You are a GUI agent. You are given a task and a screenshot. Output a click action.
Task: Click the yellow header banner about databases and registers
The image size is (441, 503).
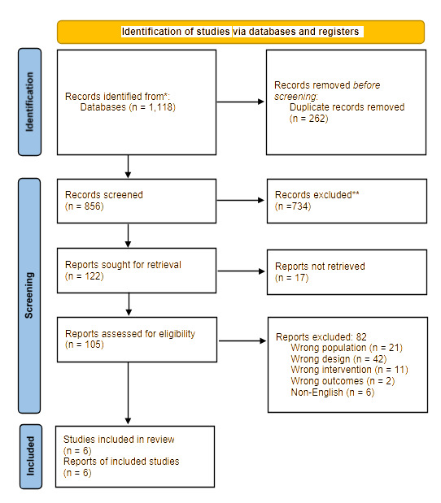click(x=241, y=32)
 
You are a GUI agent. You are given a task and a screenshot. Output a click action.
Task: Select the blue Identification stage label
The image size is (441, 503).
click(x=31, y=102)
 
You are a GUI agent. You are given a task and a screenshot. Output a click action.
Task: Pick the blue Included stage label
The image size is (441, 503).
click(x=31, y=455)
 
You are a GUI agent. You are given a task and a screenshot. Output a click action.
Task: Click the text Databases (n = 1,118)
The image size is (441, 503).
click(x=127, y=106)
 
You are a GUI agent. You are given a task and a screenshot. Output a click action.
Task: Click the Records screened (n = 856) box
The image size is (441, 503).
click(x=137, y=201)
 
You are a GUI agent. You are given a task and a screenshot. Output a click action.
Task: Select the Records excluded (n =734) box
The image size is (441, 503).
click(x=346, y=201)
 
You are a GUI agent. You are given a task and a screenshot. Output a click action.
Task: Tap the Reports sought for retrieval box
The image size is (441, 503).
click(x=137, y=271)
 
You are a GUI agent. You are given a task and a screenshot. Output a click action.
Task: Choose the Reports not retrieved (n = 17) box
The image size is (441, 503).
click(x=346, y=271)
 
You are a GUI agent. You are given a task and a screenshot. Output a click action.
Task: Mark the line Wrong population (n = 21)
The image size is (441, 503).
click(x=346, y=347)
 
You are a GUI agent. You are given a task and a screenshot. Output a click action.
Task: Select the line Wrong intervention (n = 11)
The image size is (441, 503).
click(x=347, y=370)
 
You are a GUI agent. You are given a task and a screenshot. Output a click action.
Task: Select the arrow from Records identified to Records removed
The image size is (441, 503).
click(x=241, y=102)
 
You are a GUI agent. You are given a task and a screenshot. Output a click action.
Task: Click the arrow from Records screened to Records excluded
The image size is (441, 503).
click(x=241, y=201)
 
